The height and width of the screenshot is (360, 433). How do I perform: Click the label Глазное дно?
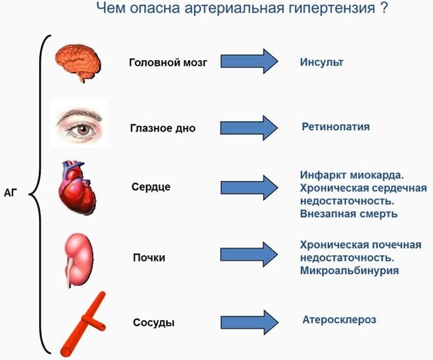(x=163, y=129)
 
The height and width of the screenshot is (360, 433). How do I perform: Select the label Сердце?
(x=151, y=187)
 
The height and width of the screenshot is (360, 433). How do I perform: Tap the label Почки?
(x=149, y=257)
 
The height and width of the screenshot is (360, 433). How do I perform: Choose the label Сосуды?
(x=153, y=323)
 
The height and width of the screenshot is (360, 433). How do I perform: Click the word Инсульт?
(x=322, y=62)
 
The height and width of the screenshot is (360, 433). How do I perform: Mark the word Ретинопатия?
(x=336, y=127)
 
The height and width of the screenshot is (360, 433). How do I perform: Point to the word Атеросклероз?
(x=339, y=319)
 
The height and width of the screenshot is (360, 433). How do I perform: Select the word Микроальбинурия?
(x=349, y=270)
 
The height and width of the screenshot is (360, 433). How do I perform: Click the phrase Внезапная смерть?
(x=348, y=213)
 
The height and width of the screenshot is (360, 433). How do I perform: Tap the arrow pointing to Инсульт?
(x=249, y=62)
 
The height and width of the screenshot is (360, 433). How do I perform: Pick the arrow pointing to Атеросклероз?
(x=249, y=322)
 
